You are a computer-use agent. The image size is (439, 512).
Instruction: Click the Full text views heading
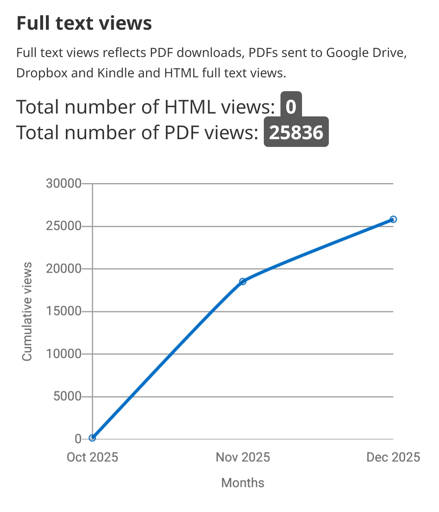pyautogui.click(x=84, y=23)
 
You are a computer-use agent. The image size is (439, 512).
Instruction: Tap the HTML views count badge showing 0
pyautogui.click(x=291, y=107)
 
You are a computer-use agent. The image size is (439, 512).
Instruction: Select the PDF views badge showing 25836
pyautogui.click(x=296, y=132)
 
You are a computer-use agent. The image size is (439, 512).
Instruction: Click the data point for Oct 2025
pyautogui.click(x=92, y=438)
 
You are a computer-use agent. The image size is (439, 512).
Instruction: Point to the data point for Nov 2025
pyautogui.click(x=243, y=281)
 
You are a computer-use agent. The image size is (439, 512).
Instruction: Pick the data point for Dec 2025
pyautogui.click(x=393, y=219)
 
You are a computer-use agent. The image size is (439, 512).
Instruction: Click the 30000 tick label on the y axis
pyautogui.click(x=63, y=184)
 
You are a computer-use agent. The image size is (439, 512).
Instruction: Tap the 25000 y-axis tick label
pyautogui.click(x=63, y=226)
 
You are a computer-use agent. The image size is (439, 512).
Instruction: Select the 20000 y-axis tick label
pyautogui.click(x=63, y=269)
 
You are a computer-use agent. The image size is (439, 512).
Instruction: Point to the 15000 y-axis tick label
pyautogui.click(x=63, y=311)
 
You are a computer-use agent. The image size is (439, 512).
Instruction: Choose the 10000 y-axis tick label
pyautogui.click(x=63, y=354)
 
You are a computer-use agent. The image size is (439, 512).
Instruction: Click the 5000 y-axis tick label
pyautogui.click(x=67, y=396)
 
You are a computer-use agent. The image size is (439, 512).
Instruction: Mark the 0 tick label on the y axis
pyautogui.click(x=78, y=439)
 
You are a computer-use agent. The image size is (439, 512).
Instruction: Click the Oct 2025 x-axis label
pyautogui.click(x=92, y=457)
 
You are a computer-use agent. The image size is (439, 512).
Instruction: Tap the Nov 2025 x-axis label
pyautogui.click(x=243, y=457)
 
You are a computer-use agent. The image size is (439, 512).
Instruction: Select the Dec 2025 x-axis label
pyautogui.click(x=393, y=457)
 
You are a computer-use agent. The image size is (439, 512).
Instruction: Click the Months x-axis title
pyautogui.click(x=243, y=483)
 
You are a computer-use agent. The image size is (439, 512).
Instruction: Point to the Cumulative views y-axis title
pyautogui.click(x=27, y=311)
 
